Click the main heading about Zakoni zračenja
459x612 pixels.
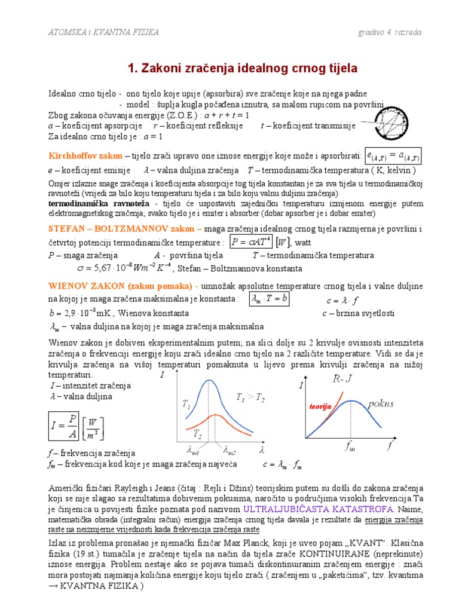tap(243, 69)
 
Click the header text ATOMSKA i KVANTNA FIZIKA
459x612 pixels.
tap(103, 32)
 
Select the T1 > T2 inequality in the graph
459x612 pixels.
tap(250, 397)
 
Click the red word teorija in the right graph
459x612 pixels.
tap(320, 406)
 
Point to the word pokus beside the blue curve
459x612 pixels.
tap(381, 403)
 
